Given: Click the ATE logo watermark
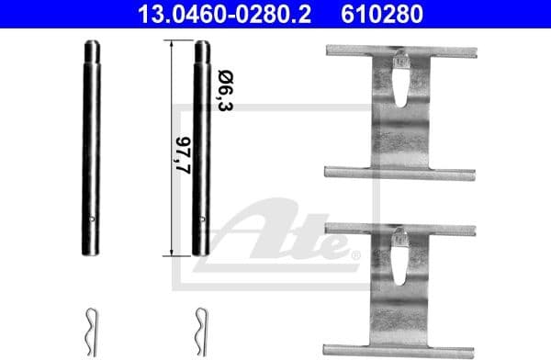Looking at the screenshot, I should tap(275, 234).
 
